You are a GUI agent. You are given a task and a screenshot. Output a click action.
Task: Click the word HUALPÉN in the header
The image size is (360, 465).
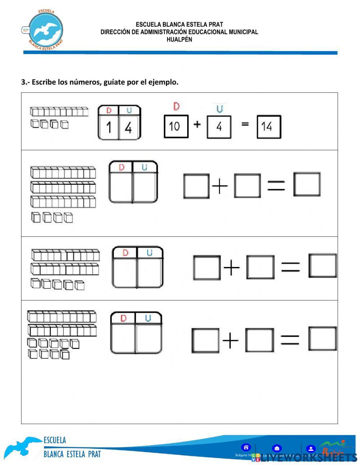point(179,40)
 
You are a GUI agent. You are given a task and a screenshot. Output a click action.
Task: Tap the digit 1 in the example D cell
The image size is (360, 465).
point(109,128)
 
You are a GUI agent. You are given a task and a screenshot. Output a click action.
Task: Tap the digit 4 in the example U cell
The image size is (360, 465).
point(129,128)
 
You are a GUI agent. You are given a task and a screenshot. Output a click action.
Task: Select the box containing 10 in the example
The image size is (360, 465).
point(176,126)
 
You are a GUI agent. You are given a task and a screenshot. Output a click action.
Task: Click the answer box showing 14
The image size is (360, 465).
point(269,126)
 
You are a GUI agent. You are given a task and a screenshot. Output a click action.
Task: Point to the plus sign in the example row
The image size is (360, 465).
point(197,125)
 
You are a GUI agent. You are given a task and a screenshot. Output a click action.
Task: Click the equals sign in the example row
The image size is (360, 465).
point(245,124)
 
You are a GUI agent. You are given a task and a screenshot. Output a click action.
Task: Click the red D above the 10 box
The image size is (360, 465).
point(176,107)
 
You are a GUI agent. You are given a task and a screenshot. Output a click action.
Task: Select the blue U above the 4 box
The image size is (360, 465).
point(219,108)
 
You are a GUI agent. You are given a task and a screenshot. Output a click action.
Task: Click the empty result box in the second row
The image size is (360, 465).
point(307,184)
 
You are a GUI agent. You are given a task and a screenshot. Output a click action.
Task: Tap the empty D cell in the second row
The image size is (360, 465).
point(121,187)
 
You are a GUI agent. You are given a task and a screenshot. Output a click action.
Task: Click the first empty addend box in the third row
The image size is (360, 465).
point(207,268)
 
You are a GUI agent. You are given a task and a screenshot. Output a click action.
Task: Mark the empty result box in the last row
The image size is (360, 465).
point(323,339)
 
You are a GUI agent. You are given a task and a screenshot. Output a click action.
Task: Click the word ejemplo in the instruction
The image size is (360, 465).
point(164,82)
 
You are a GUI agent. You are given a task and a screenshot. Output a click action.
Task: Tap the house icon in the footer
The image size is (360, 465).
point(246,448)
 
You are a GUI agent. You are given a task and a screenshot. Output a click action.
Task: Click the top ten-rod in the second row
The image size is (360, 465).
point(63,173)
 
